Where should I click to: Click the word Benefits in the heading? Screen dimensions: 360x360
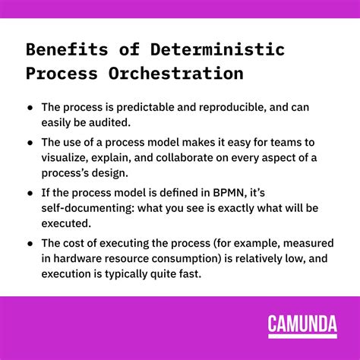click(65, 50)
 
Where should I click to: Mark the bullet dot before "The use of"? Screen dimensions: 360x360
click(30, 141)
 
